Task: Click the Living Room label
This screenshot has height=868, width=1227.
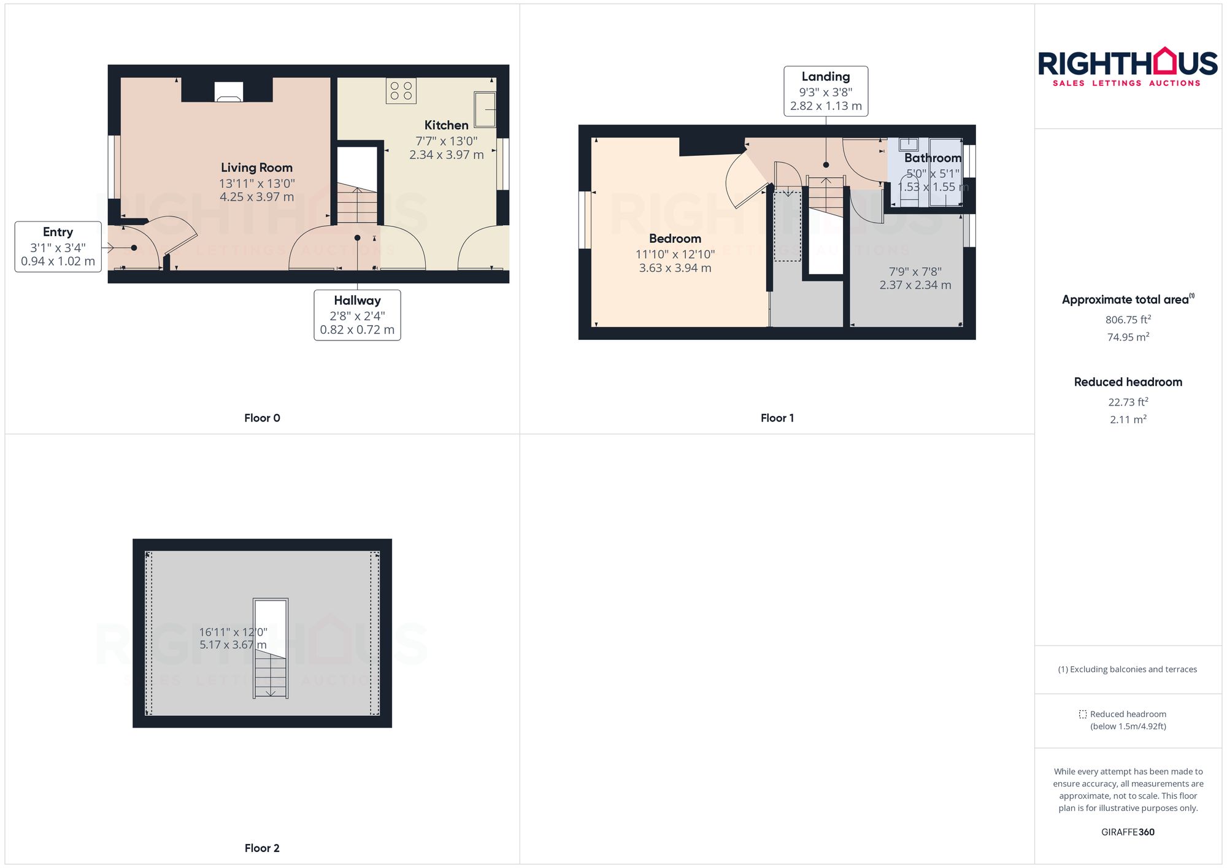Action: point(256,167)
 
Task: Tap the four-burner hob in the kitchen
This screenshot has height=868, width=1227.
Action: point(401,91)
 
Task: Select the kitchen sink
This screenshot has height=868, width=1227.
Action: point(485,109)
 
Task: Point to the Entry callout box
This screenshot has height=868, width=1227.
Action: point(58,247)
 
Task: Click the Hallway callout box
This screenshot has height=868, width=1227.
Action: point(357,315)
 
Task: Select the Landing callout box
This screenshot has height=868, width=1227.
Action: point(826,91)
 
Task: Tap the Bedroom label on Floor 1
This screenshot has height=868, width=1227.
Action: point(675,239)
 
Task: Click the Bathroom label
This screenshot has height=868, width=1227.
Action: point(933,158)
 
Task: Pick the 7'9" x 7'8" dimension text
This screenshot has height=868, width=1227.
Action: point(915,272)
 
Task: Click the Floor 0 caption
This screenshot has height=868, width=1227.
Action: point(262,418)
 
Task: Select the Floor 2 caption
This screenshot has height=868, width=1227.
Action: point(262,848)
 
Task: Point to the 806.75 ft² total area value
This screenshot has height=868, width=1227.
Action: point(1128,320)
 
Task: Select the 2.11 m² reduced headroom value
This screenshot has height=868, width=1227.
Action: point(1128,420)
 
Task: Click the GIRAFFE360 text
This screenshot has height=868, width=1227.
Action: point(1128,832)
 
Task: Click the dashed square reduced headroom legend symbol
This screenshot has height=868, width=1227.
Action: point(1083,714)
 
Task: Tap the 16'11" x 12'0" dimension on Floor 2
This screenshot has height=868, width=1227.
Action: point(233,632)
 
